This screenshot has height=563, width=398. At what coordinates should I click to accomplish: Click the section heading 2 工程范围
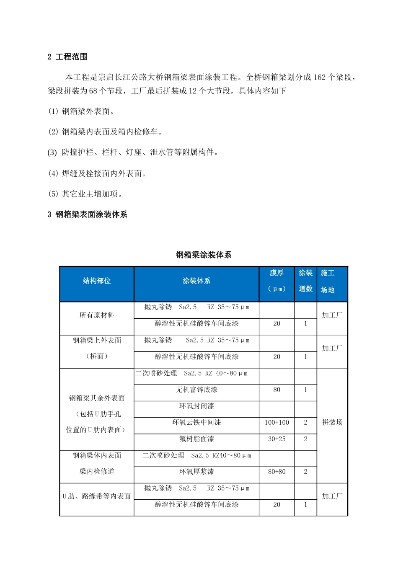[67, 57]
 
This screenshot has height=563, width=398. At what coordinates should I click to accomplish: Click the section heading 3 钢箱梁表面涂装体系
[87, 214]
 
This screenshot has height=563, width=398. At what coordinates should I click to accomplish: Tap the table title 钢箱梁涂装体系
[203, 255]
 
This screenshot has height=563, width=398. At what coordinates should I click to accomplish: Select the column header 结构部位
[97, 281]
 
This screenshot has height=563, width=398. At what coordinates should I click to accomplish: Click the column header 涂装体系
[196, 281]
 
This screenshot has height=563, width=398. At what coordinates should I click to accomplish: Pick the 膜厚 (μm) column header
[277, 281]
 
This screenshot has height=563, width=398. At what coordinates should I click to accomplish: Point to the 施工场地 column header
[328, 281]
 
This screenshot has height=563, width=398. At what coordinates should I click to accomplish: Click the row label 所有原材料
[97, 315]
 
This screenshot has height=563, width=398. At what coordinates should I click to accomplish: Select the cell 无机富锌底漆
[196, 390]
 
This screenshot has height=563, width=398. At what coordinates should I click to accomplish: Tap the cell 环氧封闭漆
[196, 406]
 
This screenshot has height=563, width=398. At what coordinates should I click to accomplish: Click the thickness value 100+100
[277, 423]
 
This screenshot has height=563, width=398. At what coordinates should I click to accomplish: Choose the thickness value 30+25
[277, 439]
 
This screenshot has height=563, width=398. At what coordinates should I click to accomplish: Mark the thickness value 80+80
[277, 472]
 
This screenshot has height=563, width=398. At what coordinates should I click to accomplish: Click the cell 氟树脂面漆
[196, 439]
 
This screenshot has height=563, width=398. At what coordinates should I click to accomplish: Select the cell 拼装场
[332, 423]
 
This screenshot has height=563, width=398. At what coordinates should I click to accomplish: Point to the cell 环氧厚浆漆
[196, 472]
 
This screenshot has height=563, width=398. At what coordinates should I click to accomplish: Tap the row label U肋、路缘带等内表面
[97, 496]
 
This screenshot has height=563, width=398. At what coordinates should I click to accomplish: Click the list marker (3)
[52, 152]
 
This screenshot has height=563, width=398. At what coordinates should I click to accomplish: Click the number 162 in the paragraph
[319, 77]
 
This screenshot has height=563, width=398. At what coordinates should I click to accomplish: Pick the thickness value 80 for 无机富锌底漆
[277, 390]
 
